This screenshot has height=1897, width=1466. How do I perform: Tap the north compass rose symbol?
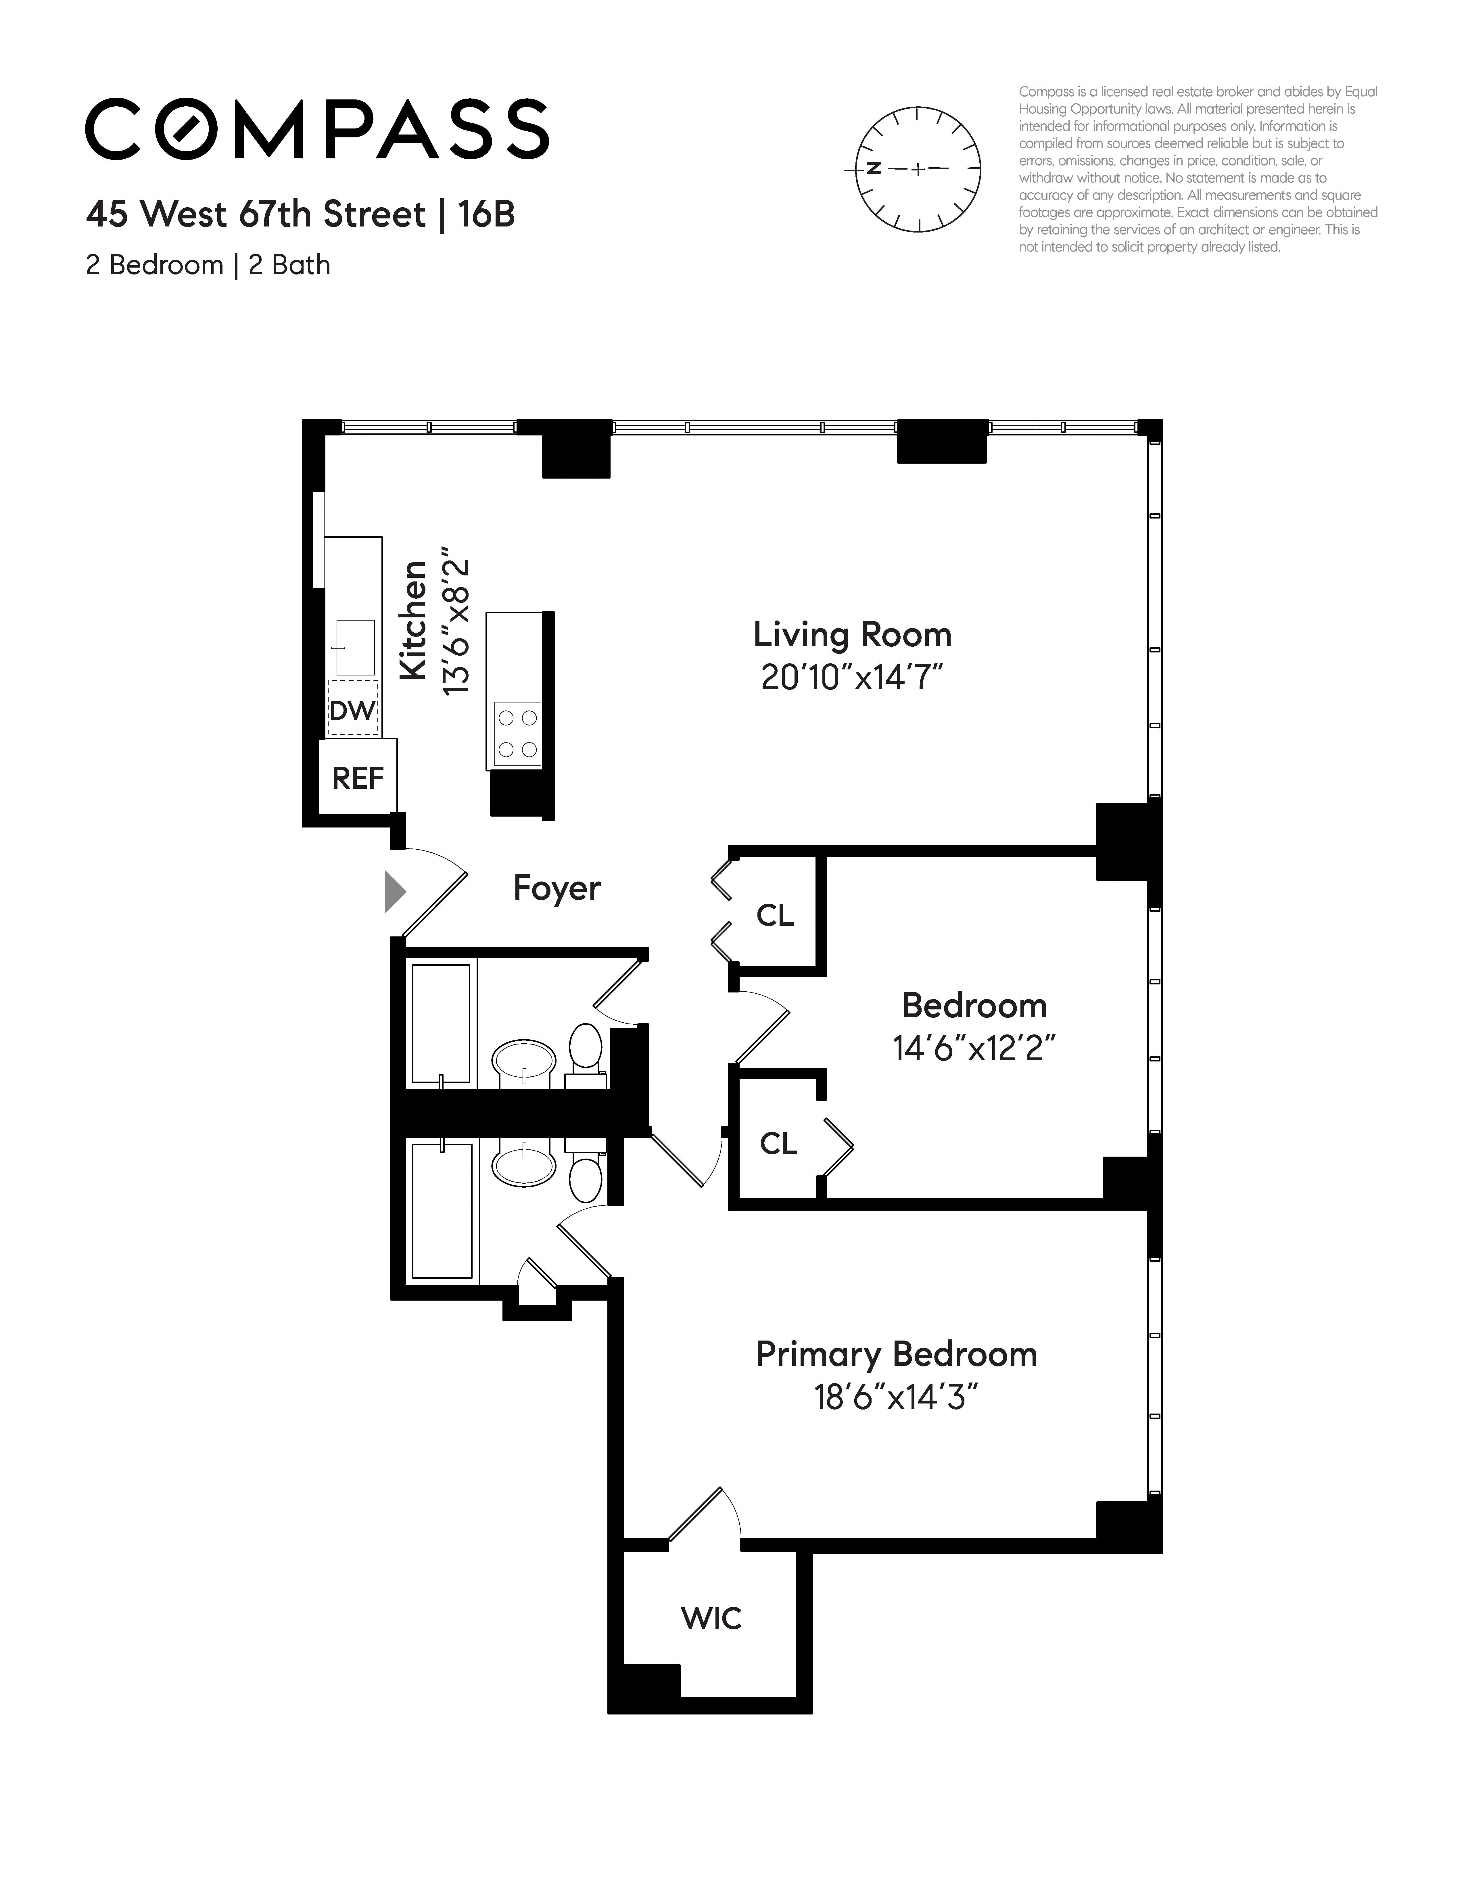click(918, 169)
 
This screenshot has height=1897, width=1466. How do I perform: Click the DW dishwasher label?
click(352, 711)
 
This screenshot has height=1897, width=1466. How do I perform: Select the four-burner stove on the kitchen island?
click(517, 734)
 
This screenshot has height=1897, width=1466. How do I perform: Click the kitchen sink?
click(355, 647)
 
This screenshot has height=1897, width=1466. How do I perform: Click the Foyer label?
click(557, 888)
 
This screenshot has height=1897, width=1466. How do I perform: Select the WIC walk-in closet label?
click(711, 1618)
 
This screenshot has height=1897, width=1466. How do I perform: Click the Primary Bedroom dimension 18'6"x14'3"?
click(895, 1397)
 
